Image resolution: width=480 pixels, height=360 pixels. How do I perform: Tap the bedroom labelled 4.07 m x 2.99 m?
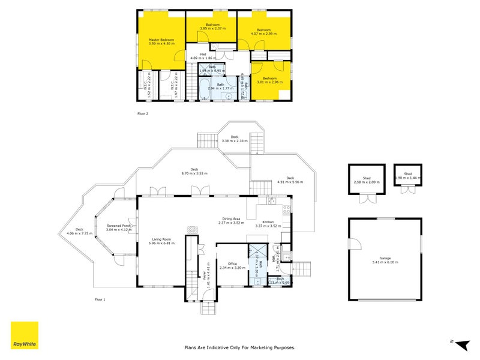pyautogui.click(x=265, y=31)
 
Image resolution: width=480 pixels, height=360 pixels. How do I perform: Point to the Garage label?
pyautogui.click(x=385, y=259)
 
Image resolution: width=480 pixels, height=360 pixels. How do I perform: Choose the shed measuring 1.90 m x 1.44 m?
pyautogui.click(x=408, y=176)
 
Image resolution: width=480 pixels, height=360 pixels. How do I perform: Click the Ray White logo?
pyautogui.click(x=25, y=335)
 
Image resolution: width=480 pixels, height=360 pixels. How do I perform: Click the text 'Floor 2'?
pyautogui.click(x=143, y=113)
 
